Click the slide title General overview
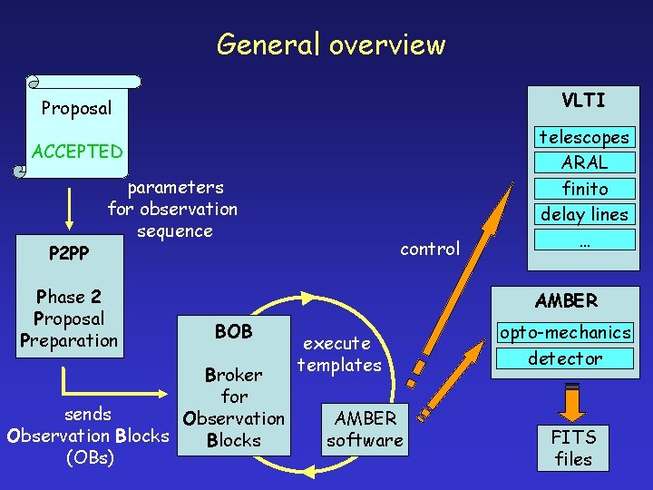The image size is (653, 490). coord(331,44)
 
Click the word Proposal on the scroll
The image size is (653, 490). coord(77,109)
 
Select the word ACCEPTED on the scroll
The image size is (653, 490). coord(77,151)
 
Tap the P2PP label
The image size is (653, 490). coord(69,253)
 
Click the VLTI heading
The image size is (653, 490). coord(583,100)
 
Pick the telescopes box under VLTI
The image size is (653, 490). coord(584,137)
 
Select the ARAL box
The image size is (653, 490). coord(584,162)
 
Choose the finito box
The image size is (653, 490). coord(584,189)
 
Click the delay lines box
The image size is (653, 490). coord(584,214)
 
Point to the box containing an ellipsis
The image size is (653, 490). coord(584,239)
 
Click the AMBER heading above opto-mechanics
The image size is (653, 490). coord(566,300)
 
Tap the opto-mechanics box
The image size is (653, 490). coord(565,333)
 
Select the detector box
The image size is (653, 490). coord(565,358)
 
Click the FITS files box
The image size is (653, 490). coord(572,447)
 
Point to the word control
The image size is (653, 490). coord(430,249)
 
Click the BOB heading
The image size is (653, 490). coord(234,331)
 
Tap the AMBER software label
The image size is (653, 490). coord(365,429)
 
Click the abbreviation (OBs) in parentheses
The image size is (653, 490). coord(90,457)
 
